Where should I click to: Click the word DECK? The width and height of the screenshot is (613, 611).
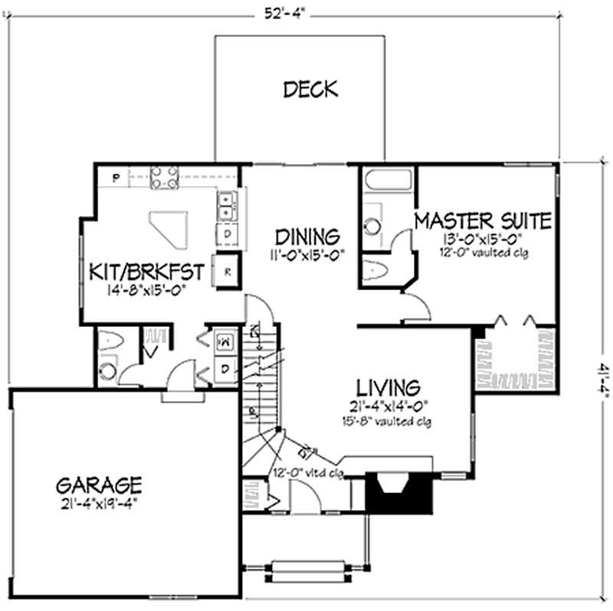(x=310, y=90)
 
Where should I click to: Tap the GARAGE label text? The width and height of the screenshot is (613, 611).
(x=99, y=484)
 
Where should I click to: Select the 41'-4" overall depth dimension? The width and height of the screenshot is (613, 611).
(x=594, y=380)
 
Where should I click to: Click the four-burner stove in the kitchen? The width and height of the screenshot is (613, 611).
(x=163, y=178)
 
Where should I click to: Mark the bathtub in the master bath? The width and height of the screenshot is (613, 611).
(x=388, y=181)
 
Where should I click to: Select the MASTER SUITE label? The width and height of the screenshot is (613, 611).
(x=482, y=221)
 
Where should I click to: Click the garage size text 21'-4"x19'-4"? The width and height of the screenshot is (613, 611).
(x=99, y=505)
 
